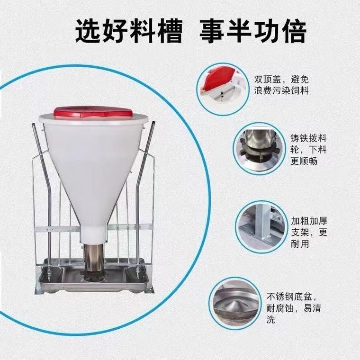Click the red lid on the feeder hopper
point(92,112)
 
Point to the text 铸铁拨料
point(308,139)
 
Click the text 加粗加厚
point(308,221)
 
